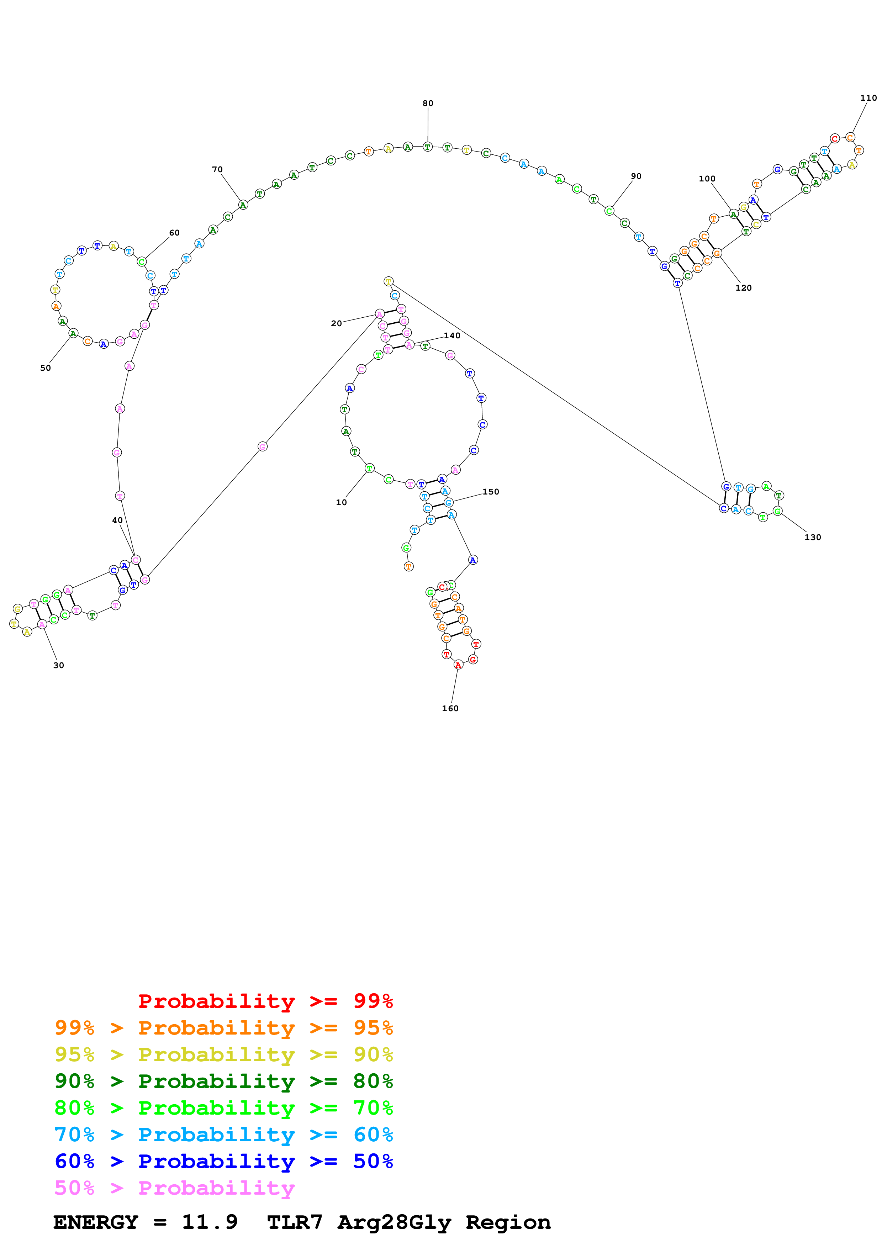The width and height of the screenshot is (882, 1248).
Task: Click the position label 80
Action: coord(428,103)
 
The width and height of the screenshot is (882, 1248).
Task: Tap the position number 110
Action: coord(868,98)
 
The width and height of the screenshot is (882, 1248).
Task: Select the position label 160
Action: coord(450,708)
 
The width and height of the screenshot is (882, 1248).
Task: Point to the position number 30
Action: coord(59,665)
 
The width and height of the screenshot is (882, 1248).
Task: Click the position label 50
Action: coord(46,368)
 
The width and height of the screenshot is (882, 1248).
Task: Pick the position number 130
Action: coord(812,537)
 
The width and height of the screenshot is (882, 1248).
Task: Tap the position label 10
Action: coord(341,502)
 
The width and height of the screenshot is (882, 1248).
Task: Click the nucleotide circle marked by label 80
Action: coord(428,147)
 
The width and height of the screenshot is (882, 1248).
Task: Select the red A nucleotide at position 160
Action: coord(458,665)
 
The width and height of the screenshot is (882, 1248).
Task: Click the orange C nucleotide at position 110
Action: coord(850,138)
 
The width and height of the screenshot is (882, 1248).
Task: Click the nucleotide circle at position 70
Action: coord(243,205)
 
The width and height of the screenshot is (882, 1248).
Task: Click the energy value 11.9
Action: coord(210,1222)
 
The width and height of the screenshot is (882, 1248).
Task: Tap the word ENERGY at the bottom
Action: coord(96,1222)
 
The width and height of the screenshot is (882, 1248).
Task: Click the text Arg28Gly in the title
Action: coord(395,1222)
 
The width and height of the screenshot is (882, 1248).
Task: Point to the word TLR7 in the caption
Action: coord(295,1222)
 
